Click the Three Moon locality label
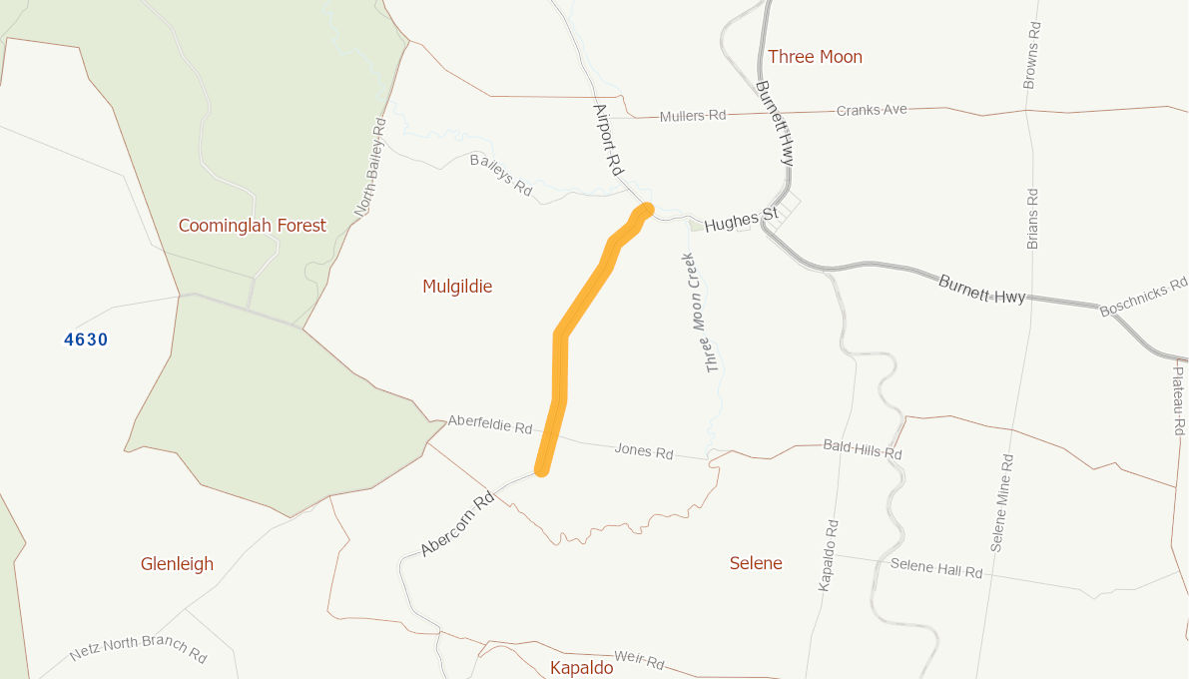click(815, 57)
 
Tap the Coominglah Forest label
click(252, 226)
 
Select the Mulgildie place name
click(457, 287)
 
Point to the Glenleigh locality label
click(177, 564)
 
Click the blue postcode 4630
click(86, 339)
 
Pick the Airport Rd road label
click(607, 140)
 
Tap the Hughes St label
click(740, 221)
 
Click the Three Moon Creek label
click(700, 313)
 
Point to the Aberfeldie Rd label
click(489, 424)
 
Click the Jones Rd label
click(643, 451)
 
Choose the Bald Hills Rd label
click(862, 449)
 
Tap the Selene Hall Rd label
click(935, 569)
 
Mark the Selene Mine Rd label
click(1001, 503)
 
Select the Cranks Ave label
click(872, 110)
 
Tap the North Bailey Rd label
click(369, 168)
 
